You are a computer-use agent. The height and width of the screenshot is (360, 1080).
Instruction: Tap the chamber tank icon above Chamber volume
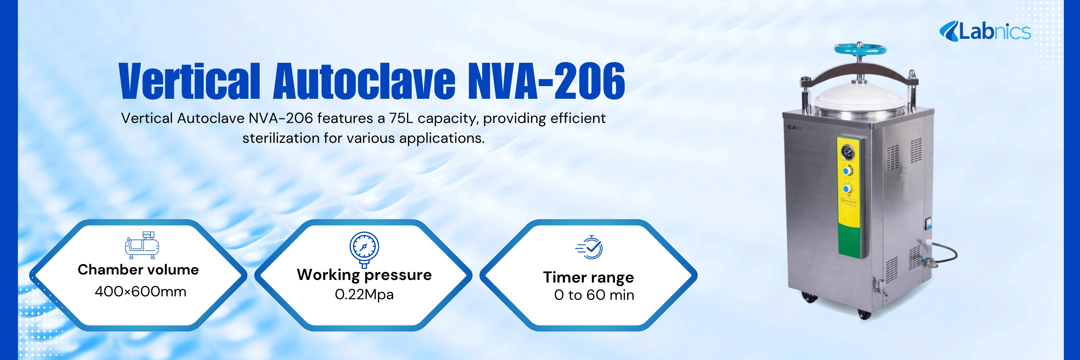point(142,245)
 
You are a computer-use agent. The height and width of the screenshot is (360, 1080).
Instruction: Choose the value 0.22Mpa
point(364,295)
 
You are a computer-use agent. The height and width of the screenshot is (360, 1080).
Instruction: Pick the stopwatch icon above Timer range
point(590,247)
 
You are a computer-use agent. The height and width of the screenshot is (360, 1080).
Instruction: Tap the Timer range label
point(588,277)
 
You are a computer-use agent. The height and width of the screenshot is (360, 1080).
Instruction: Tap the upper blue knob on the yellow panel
point(847,171)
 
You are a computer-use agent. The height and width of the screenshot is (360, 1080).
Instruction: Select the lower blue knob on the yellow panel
point(847,190)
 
